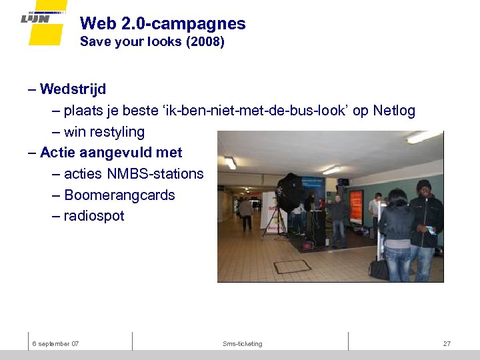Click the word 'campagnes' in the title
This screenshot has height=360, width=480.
pos(209,24)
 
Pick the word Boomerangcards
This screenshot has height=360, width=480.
pos(119,195)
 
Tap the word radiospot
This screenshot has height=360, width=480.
pos(94,217)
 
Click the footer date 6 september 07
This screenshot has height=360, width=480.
pos(56,344)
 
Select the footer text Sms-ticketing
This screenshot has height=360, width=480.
pos(243,344)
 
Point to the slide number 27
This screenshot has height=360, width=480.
pos(447,344)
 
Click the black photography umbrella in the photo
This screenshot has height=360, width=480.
pos(291,191)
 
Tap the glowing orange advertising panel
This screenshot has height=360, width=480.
pos(356,205)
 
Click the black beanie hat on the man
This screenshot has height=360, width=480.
pos(424,185)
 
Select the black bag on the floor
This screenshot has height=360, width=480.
pos(379,269)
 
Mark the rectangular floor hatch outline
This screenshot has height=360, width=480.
pos(292,267)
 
